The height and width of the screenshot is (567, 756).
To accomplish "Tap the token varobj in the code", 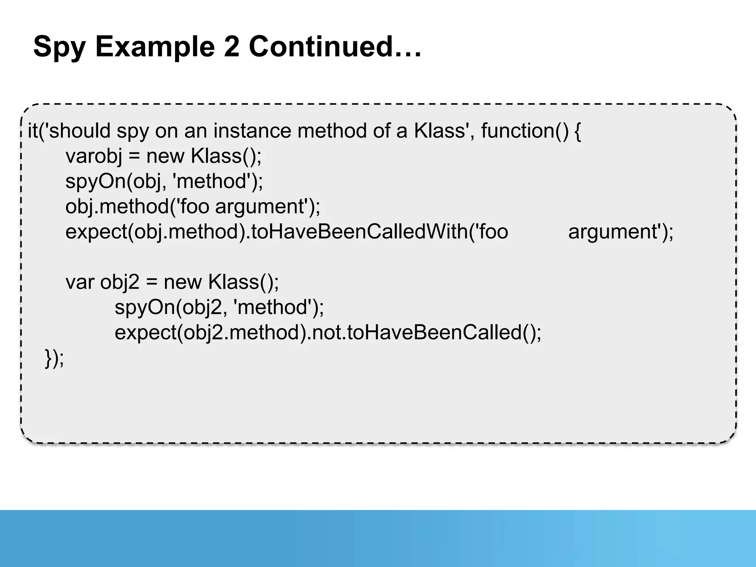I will point(94,156).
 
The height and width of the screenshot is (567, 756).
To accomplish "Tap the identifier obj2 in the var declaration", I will point(120,283).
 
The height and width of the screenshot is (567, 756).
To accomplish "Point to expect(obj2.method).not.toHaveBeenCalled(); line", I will point(328,333).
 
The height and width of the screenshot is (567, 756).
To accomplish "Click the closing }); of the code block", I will point(54,358).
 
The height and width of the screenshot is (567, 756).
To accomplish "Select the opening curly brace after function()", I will point(578,131).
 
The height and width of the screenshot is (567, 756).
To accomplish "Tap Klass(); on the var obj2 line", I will point(244,282).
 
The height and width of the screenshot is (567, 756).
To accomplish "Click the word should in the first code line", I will point(80,131).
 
